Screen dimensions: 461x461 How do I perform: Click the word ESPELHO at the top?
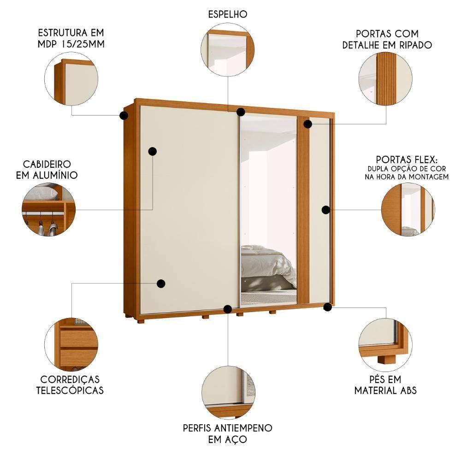tap(227, 14)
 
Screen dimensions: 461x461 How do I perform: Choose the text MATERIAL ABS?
tap(385, 390)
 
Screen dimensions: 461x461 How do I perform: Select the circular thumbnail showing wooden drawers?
tap(71, 344)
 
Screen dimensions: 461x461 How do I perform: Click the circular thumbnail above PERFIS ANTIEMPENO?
tap(228, 392)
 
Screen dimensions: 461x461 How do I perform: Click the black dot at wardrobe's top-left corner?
tap(124, 115)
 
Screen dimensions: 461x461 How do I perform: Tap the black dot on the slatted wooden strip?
tap(308, 124)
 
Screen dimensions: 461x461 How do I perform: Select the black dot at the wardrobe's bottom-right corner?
tap(328, 307)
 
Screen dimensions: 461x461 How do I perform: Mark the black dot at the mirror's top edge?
tap(241, 112)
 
